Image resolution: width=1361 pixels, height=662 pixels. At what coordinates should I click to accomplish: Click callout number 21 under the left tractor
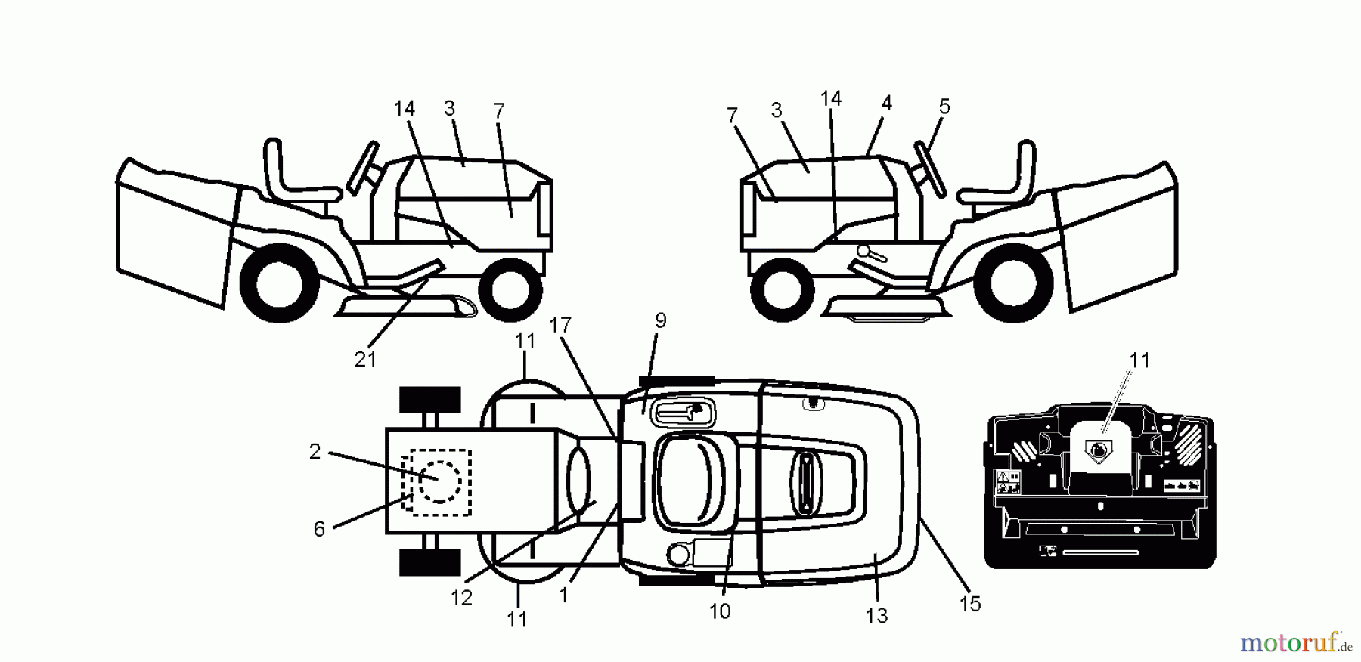click(365, 359)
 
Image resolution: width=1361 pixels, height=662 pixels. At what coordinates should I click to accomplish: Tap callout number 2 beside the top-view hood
click(315, 451)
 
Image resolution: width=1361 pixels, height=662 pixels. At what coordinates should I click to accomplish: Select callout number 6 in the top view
click(319, 529)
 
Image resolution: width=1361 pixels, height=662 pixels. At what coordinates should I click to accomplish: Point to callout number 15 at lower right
click(970, 604)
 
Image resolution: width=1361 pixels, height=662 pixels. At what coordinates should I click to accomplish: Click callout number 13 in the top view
click(876, 616)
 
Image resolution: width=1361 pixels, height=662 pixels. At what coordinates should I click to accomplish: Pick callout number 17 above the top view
click(560, 326)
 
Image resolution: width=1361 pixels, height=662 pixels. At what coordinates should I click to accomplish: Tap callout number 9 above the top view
click(660, 320)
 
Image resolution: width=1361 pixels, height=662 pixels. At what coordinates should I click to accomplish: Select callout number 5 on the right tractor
click(944, 107)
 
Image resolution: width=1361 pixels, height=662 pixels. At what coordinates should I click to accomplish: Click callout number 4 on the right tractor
click(887, 103)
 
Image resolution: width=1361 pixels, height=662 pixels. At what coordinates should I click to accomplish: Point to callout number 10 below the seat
click(720, 611)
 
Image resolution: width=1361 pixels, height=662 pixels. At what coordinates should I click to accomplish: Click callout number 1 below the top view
click(563, 595)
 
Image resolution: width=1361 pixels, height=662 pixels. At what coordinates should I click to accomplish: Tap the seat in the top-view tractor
click(696, 481)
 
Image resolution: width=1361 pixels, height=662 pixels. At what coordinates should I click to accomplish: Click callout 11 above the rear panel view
click(1139, 360)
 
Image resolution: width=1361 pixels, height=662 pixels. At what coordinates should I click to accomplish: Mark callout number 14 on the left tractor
click(404, 108)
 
